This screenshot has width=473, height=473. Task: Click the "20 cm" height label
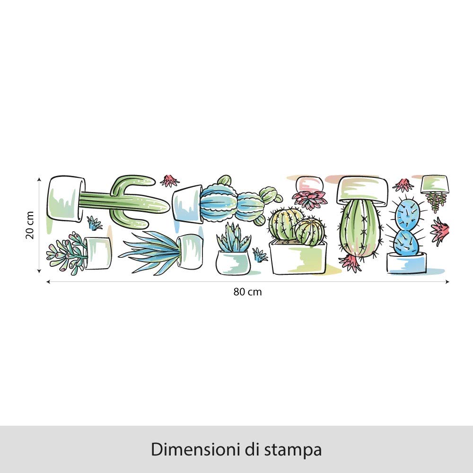(30, 225)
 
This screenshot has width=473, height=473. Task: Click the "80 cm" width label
(247, 292)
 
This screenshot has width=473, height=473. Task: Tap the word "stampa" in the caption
(293, 450)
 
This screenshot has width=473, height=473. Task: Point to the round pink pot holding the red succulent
(309, 184)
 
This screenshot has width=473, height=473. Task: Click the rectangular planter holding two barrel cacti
(298, 257)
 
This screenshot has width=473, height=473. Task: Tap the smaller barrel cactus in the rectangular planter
(310, 231)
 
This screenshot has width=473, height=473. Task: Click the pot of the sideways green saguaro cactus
(66, 199)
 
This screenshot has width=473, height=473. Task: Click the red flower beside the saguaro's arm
(169, 181)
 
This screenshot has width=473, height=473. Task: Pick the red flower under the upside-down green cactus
(350, 263)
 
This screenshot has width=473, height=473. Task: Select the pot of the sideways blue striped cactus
(188, 204)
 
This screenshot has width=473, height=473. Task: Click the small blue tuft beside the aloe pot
(260, 255)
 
